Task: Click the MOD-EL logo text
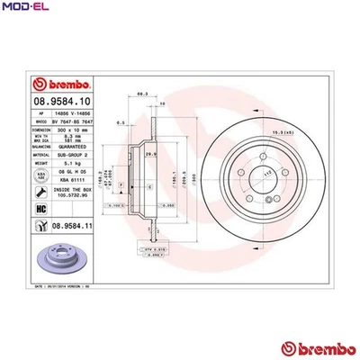23,8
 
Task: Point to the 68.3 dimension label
142,93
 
